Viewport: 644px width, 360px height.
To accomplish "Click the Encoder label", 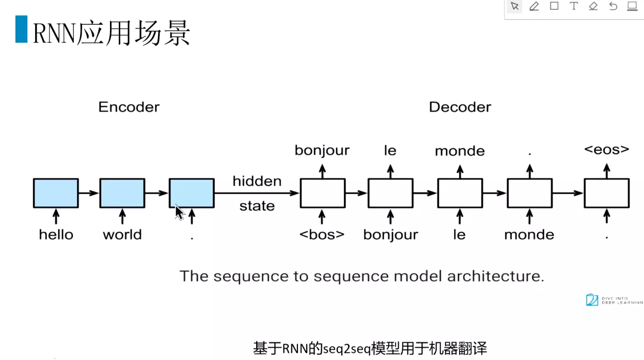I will pos(129,107).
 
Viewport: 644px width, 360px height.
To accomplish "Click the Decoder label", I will pos(460,107).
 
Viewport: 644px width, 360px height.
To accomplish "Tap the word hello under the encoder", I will pos(56,234).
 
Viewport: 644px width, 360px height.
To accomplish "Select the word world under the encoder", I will pos(122,234).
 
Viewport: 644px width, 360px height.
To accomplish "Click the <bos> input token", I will pos(322,234).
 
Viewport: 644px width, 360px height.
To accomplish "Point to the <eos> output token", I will pos(606,150).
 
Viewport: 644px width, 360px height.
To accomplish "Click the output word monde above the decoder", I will pos(460,151).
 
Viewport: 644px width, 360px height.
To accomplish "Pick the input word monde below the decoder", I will pos(529,234).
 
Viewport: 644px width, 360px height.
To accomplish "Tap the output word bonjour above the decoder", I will pos(322,150).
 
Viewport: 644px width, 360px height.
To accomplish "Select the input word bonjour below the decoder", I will pos(390,234).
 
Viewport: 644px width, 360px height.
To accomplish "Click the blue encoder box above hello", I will pos(56,193).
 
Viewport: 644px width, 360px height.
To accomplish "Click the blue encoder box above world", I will pos(122,193).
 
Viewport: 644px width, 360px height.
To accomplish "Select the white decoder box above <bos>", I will pos(322,193).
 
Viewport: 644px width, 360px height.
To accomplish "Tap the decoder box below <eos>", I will pos(606,193).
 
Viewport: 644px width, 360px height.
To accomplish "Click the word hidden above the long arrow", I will pos(257,181).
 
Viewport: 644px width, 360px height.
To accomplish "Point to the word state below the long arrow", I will pos(257,206).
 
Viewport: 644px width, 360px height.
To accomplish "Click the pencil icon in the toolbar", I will pos(534,6).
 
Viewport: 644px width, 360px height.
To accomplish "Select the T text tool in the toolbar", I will pos(573,6).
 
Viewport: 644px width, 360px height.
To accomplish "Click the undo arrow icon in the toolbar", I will pos(613,6).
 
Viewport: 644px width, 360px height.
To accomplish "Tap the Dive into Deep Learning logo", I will pos(614,300).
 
